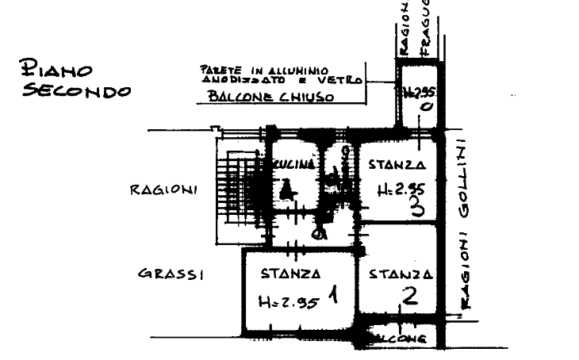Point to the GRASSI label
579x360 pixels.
pyautogui.click(x=173, y=275)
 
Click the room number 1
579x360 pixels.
pyautogui.click(x=334, y=297)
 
